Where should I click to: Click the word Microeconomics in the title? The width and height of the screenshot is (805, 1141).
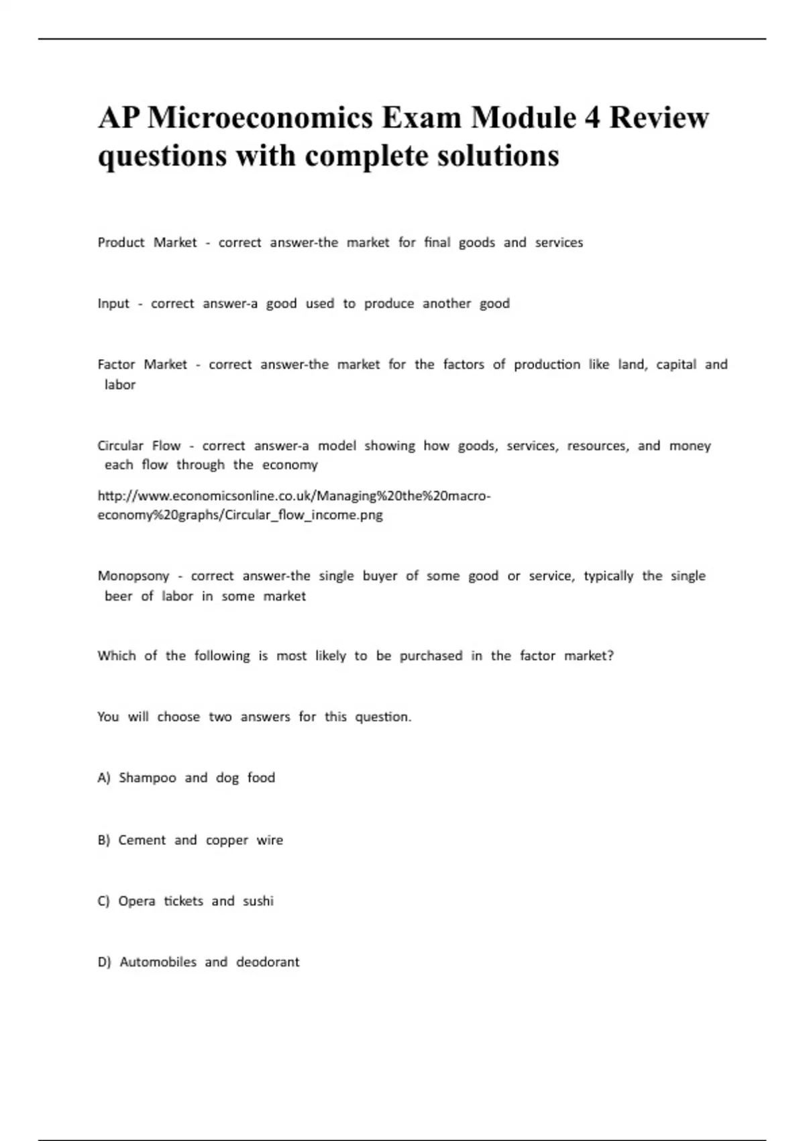pyautogui.click(x=260, y=118)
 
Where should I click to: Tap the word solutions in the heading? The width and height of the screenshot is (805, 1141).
pyautogui.click(x=498, y=156)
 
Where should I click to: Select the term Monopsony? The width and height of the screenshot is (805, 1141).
pyautogui.click(x=133, y=576)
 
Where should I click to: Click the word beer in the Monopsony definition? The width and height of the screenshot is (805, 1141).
pyautogui.click(x=118, y=596)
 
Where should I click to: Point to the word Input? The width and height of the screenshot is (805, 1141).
pyautogui.click(x=113, y=303)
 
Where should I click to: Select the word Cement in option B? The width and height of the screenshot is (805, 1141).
pyautogui.click(x=142, y=840)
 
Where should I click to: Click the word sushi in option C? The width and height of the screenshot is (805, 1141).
pyautogui.click(x=258, y=901)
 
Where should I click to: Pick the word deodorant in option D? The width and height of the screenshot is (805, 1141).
pyautogui.click(x=268, y=962)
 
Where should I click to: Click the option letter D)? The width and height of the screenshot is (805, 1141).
pyautogui.click(x=104, y=962)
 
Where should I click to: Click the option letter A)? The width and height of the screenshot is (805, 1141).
pyautogui.click(x=104, y=778)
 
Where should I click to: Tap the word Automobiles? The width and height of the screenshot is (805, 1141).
pyautogui.click(x=158, y=962)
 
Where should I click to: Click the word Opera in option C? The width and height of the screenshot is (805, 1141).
pyautogui.click(x=137, y=901)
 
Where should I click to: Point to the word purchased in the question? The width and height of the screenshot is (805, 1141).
pyautogui.click(x=431, y=656)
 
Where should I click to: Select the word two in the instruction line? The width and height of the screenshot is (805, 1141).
pyautogui.click(x=220, y=717)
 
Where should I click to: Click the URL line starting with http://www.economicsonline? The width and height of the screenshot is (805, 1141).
pyautogui.click(x=294, y=496)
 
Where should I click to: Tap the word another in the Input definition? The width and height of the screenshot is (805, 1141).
pyautogui.click(x=447, y=303)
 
